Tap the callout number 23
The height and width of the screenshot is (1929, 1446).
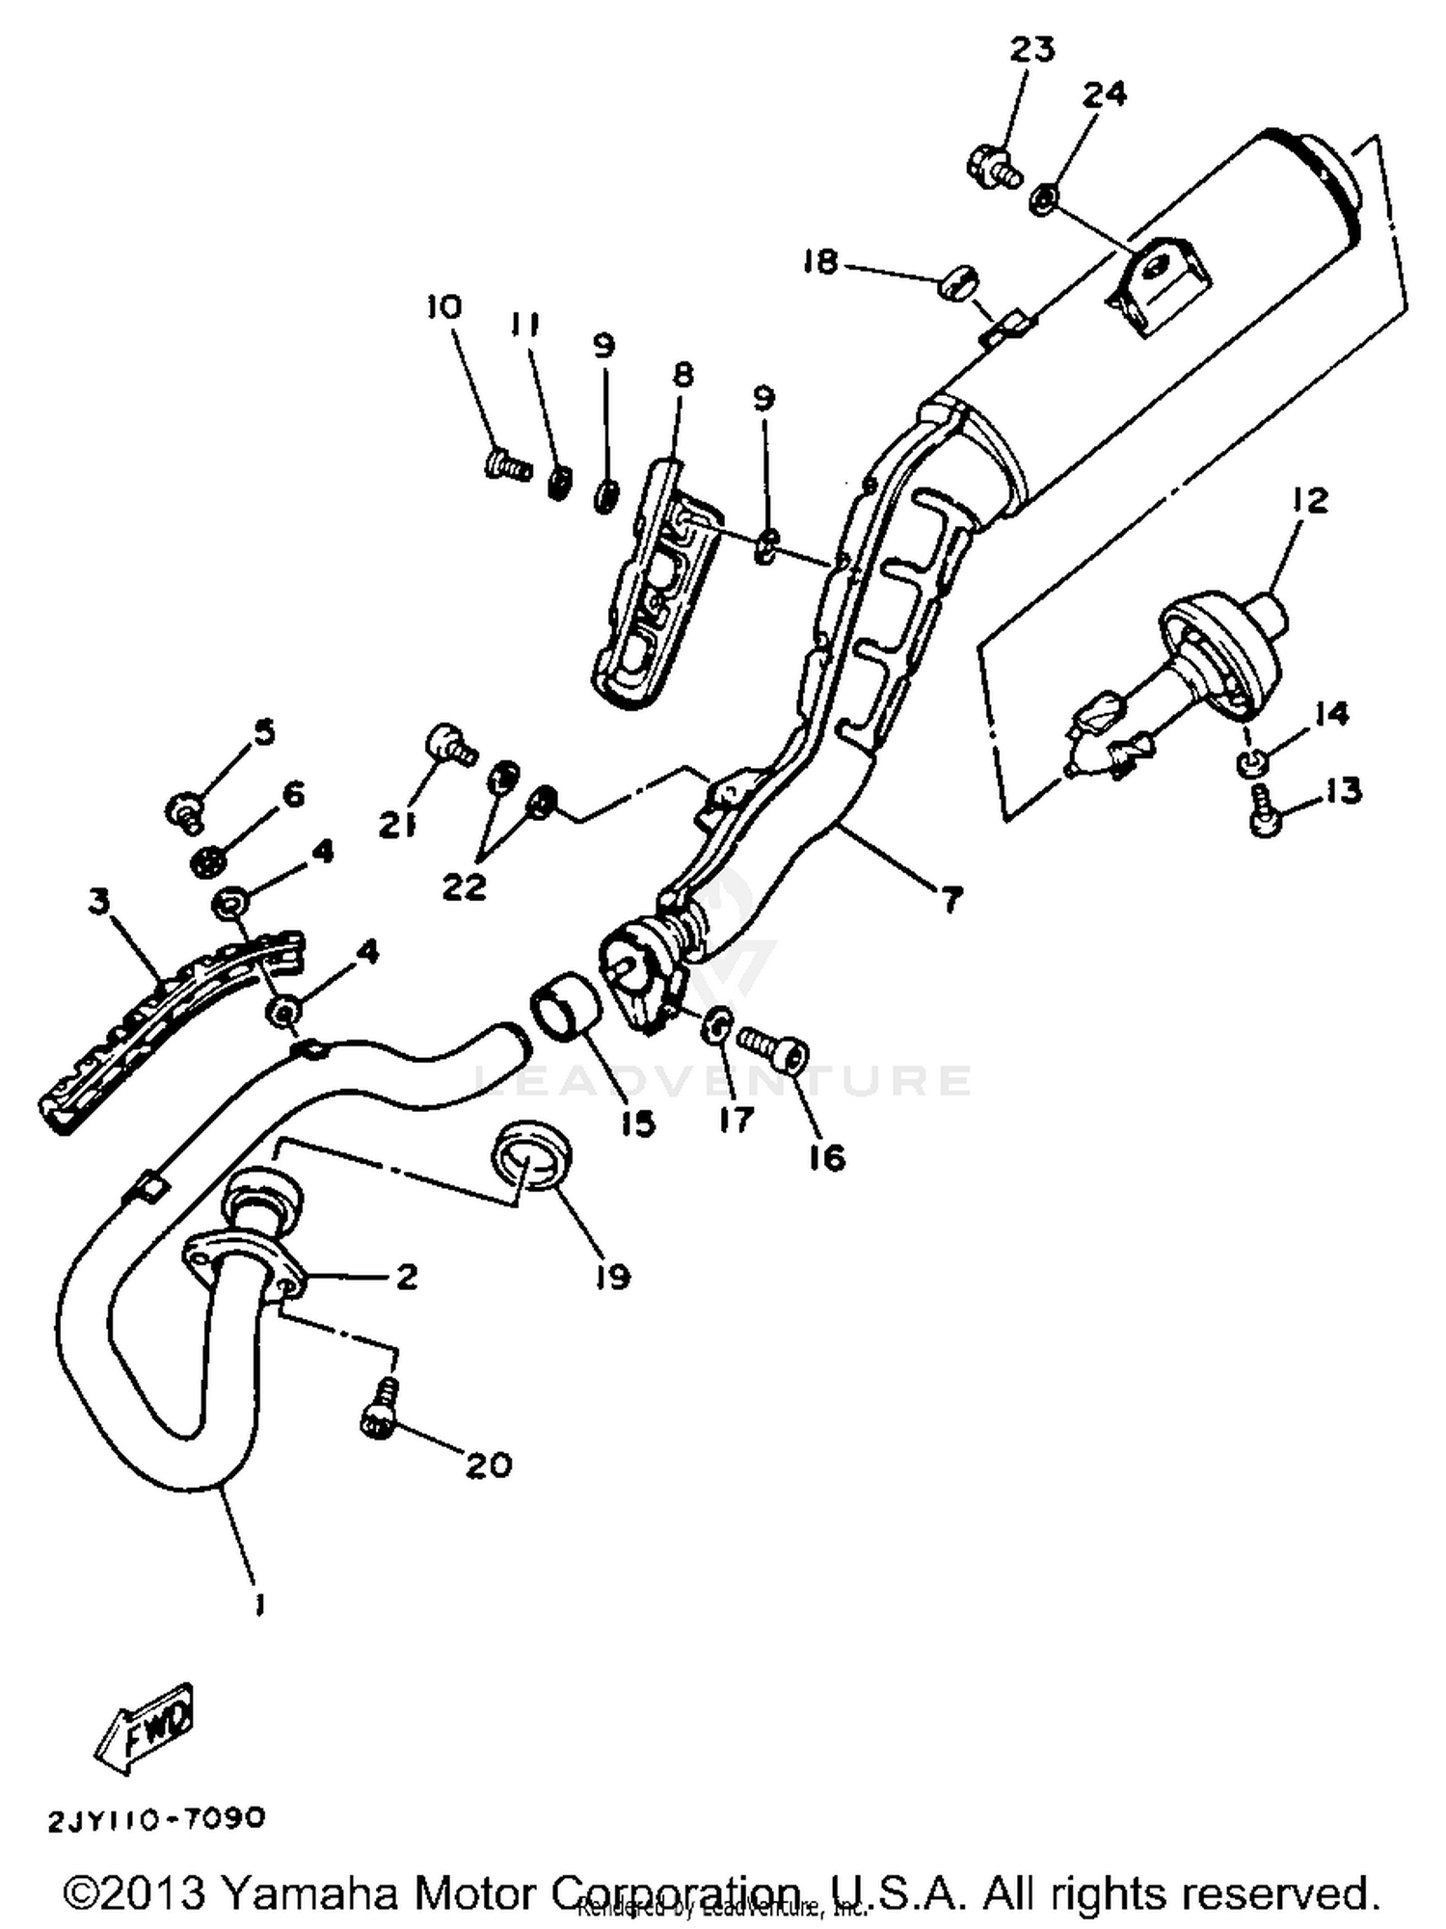tap(1031, 48)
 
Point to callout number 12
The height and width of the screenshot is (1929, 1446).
tap(1311, 499)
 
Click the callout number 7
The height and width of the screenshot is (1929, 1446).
tap(951, 900)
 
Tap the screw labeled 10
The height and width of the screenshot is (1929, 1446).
tap(507, 465)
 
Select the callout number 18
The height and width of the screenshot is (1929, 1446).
tap(820, 261)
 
